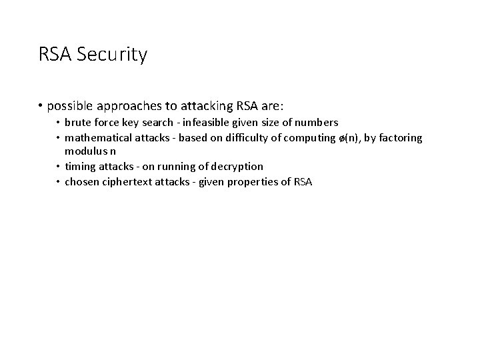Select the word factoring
click(x=400, y=138)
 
